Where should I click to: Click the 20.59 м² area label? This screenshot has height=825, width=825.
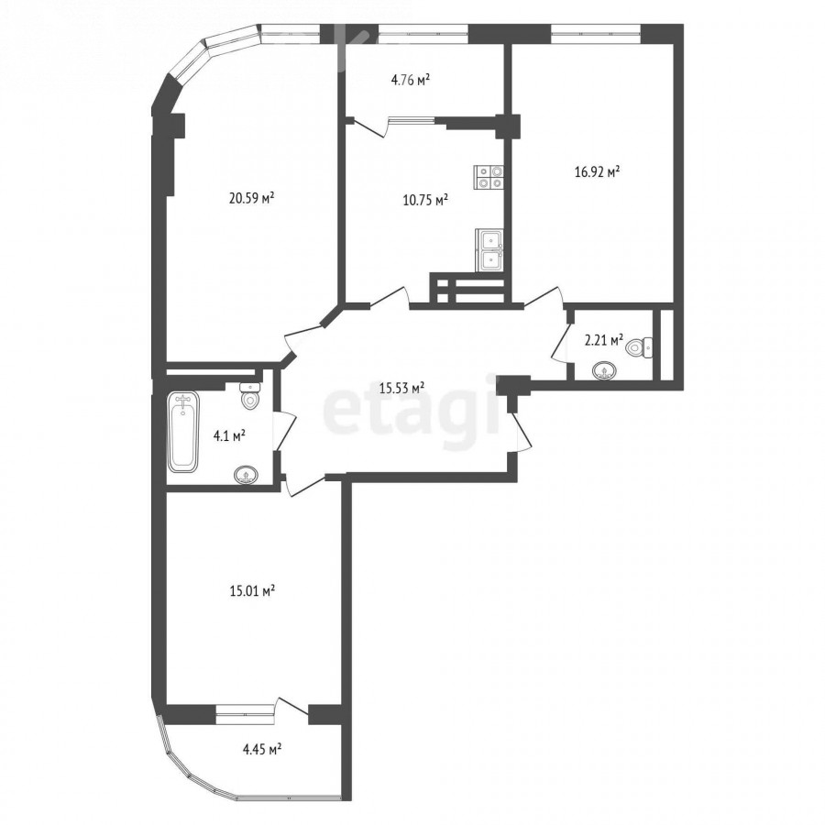pos(252,198)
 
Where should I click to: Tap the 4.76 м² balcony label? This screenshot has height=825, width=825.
pos(411,80)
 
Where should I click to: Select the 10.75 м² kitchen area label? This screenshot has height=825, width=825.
pos(425,200)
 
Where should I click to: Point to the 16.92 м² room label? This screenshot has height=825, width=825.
pos(597,172)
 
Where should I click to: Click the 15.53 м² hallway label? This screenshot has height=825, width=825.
pos(402,389)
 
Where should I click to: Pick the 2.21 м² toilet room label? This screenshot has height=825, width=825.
pos(604,340)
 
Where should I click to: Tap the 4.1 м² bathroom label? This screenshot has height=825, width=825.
pos(229,435)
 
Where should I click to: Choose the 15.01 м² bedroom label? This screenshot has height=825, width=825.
pos(253,591)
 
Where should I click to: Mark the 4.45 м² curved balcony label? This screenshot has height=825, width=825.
pos(261,749)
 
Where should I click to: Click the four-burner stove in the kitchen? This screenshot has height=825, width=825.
pos(489,177)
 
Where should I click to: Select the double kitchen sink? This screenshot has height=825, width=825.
pos(489,250)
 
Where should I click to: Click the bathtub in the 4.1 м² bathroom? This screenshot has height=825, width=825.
pos(183,432)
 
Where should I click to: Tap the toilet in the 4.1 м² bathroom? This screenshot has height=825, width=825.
pos(250,396)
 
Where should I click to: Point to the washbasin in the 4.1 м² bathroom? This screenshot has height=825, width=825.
pos(246,475)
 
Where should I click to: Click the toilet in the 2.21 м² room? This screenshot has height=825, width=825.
pos(640,347)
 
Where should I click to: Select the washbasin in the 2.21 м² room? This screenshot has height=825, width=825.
pos(605,371)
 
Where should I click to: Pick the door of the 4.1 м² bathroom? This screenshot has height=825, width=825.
pos(285,430)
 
